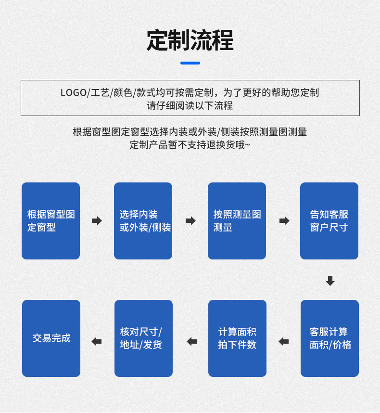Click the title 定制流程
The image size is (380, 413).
190,40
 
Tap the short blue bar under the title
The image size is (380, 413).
190,63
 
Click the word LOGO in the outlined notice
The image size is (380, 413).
73,92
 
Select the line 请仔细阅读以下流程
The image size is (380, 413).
190,105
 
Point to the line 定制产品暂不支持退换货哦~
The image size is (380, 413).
190,145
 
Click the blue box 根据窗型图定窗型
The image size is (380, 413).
51,221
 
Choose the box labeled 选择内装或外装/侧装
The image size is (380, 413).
143,221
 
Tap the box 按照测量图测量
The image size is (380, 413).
237,221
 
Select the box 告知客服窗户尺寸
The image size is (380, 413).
329,221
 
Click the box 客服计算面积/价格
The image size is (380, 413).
329,338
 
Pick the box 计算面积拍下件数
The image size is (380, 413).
237,338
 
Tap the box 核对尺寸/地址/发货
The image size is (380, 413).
143,338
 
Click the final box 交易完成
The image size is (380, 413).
51,338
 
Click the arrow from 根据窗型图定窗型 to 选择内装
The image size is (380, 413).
97,221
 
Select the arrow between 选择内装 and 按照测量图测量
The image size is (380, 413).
190,221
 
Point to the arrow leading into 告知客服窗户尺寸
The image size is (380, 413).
284,221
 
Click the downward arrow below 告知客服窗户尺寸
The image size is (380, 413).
330,281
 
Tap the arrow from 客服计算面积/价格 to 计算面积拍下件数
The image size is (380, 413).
284,342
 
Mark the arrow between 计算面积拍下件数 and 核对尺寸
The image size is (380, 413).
192,342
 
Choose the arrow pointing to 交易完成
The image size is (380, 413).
97,342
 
